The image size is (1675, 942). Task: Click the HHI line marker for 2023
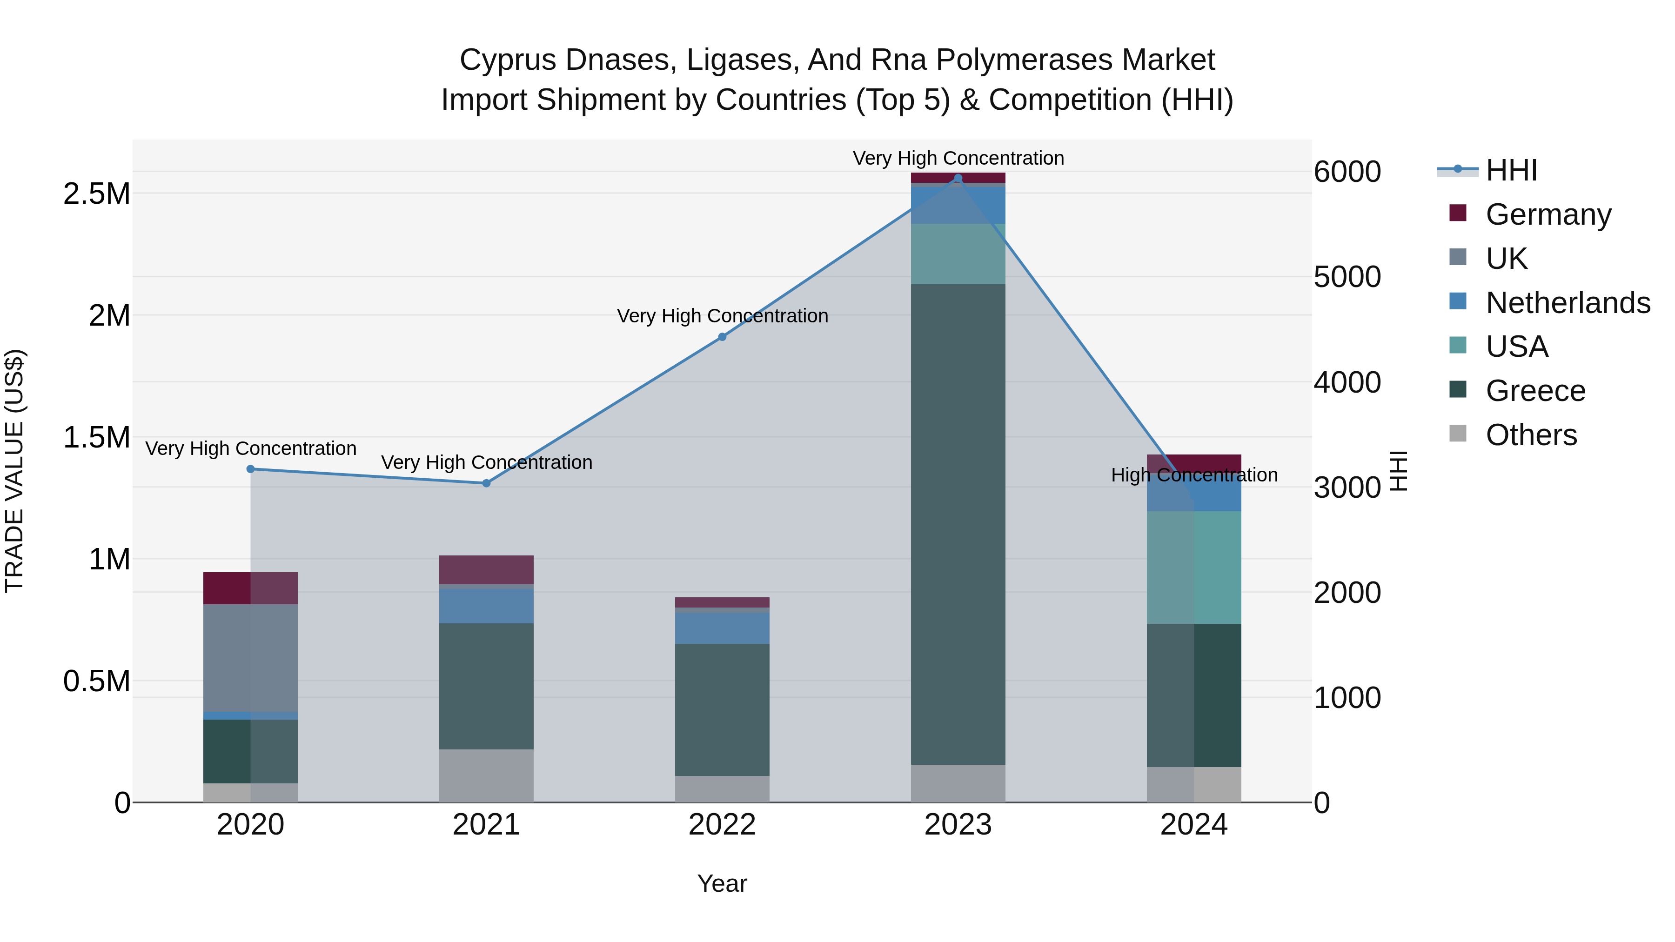coord(958,178)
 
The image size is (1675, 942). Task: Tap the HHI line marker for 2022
coord(722,337)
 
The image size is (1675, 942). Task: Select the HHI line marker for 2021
coord(486,483)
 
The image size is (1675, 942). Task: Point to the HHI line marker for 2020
coord(250,469)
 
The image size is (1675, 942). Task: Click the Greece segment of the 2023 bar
coord(958,523)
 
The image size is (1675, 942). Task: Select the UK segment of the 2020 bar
coord(250,657)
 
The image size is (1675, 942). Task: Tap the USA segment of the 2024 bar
coord(1194,567)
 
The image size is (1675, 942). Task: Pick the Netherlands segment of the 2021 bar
coord(486,605)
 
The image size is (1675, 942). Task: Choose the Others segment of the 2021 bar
coord(486,775)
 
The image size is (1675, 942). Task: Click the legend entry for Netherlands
coord(1568,302)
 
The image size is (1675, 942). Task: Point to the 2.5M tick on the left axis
coord(97,194)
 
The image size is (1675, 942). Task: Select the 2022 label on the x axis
coord(722,825)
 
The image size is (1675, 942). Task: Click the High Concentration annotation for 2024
coord(1194,475)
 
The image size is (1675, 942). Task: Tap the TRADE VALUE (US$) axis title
coord(15,471)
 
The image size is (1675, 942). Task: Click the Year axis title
coord(722,883)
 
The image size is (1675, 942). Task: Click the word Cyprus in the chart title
coord(507,60)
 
